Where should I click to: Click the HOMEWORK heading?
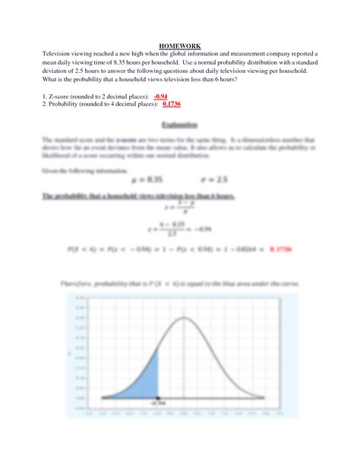[180, 45]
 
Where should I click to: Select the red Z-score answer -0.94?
[160, 97]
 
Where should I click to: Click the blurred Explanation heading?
[180, 124]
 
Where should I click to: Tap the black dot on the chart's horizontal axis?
[157, 398]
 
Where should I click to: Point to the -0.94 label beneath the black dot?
[157, 405]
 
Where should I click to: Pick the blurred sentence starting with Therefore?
[180, 284]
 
